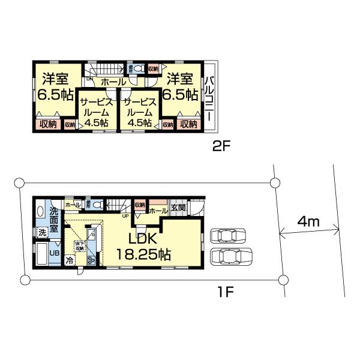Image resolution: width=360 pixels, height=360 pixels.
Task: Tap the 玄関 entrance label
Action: tap(178, 208)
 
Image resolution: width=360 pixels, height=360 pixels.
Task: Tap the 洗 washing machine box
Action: tap(43, 232)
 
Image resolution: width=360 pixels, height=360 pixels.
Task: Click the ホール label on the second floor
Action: tap(113, 82)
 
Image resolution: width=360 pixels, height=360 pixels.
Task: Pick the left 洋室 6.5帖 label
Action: tap(55, 86)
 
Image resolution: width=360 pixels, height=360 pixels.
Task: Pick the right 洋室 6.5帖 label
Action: tap(181, 86)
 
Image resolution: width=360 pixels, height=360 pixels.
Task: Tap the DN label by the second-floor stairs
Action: tap(89, 79)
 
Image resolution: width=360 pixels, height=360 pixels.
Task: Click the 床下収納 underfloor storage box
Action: tap(79, 246)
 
